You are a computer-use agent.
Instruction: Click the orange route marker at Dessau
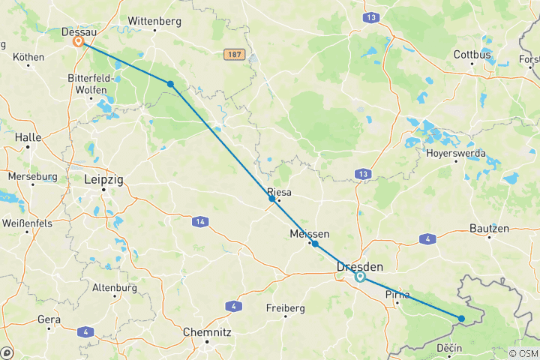pyautogui.click(x=78, y=42)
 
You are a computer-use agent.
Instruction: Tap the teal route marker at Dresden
pyautogui.click(x=360, y=277)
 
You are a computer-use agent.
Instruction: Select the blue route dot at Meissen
pyautogui.click(x=315, y=244)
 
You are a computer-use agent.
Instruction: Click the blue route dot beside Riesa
pyautogui.click(x=272, y=198)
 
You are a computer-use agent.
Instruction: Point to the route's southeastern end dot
pyautogui.click(x=461, y=319)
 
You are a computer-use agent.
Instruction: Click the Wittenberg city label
pyautogui.click(x=154, y=20)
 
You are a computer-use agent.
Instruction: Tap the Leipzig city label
pyautogui.click(x=105, y=180)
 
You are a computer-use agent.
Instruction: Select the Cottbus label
pyautogui.click(x=472, y=55)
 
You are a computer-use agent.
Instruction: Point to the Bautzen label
pyautogui.click(x=489, y=228)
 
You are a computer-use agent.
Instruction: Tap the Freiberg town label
pyautogui.click(x=286, y=307)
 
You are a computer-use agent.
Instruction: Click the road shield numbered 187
pyautogui.click(x=234, y=55)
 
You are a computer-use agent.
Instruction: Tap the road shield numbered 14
pyautogui.click(x=199, y=221)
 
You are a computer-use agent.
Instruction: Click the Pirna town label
pyautogui.click(x=397, y=294)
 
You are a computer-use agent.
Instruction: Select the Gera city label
pyautogui.click(x=49, y=319)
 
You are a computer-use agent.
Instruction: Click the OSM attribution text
pyautogui.click(x=523, y=353)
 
